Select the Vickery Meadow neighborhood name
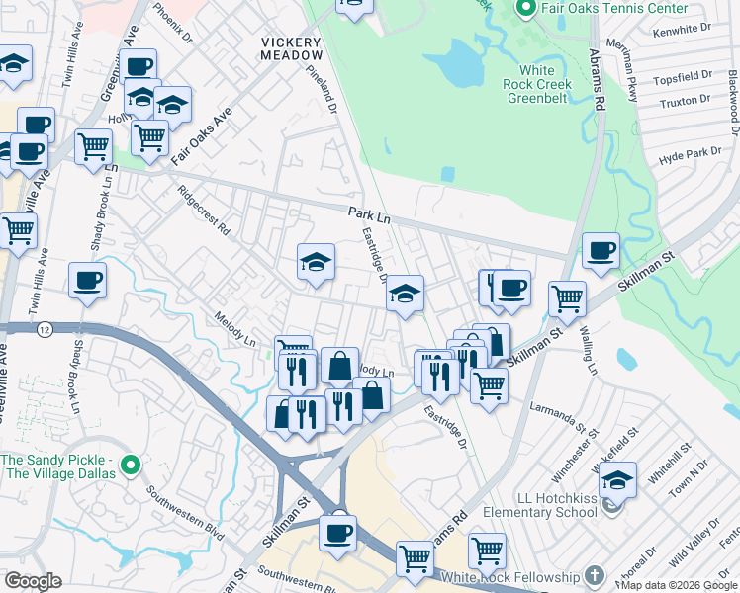291,49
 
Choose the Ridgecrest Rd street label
204,210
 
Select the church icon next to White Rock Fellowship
594,575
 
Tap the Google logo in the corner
33,581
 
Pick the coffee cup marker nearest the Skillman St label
601,251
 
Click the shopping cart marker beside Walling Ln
567,297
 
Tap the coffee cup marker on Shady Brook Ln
88,281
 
